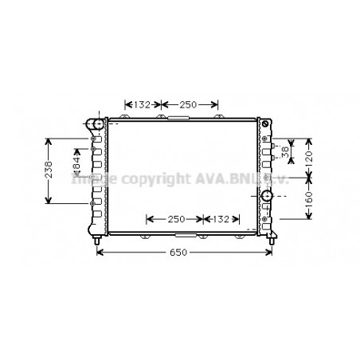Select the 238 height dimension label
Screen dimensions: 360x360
point(49,170)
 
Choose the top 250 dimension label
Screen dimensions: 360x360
point(188,104)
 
